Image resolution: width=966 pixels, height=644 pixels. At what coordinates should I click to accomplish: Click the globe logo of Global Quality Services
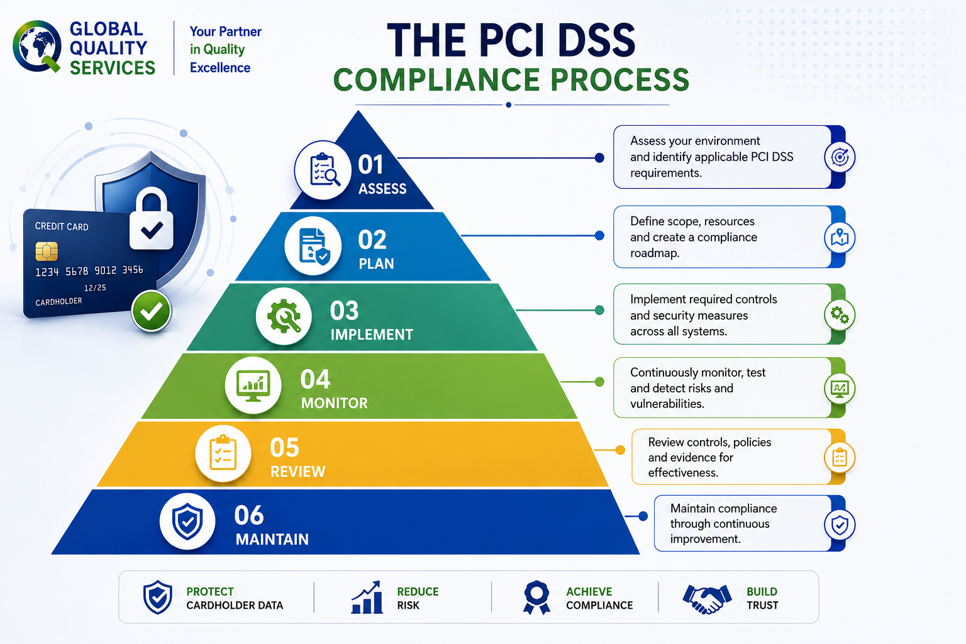point(36,46)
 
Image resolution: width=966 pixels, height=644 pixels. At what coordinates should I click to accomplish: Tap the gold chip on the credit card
point(47,252)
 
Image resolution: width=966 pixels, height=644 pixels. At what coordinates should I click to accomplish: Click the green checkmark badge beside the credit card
point(152,311)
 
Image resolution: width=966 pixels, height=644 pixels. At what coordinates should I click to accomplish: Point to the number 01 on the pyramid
point(370,165)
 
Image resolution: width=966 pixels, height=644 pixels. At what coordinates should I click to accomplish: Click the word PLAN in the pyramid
point(377,264)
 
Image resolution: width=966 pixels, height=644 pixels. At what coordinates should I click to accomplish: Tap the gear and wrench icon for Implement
point(284,316)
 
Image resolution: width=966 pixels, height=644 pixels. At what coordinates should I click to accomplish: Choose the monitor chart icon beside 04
point(253,385)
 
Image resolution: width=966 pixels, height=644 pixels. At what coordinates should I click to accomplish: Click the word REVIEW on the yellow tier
point(298,472)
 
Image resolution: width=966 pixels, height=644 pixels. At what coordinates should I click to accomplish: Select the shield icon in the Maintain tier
point(187,521)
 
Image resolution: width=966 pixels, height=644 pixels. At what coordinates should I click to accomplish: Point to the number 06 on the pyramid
point(249,515)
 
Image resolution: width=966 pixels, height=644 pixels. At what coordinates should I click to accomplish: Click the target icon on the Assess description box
point(840,157)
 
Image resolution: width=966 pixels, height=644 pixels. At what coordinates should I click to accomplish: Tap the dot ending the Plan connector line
point(599,235)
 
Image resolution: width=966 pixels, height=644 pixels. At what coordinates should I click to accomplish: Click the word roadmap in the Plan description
point(655,253)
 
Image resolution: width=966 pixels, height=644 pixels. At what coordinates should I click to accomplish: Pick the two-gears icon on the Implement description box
point(840,315)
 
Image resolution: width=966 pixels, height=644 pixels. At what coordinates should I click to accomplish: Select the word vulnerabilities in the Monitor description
point(667,404)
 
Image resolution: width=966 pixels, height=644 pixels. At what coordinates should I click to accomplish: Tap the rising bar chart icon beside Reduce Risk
point(367,597)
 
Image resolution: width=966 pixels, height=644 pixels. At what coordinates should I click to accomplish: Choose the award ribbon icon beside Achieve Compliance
point(536,597)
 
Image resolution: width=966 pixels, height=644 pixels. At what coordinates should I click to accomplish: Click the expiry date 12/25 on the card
point(95,287)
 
